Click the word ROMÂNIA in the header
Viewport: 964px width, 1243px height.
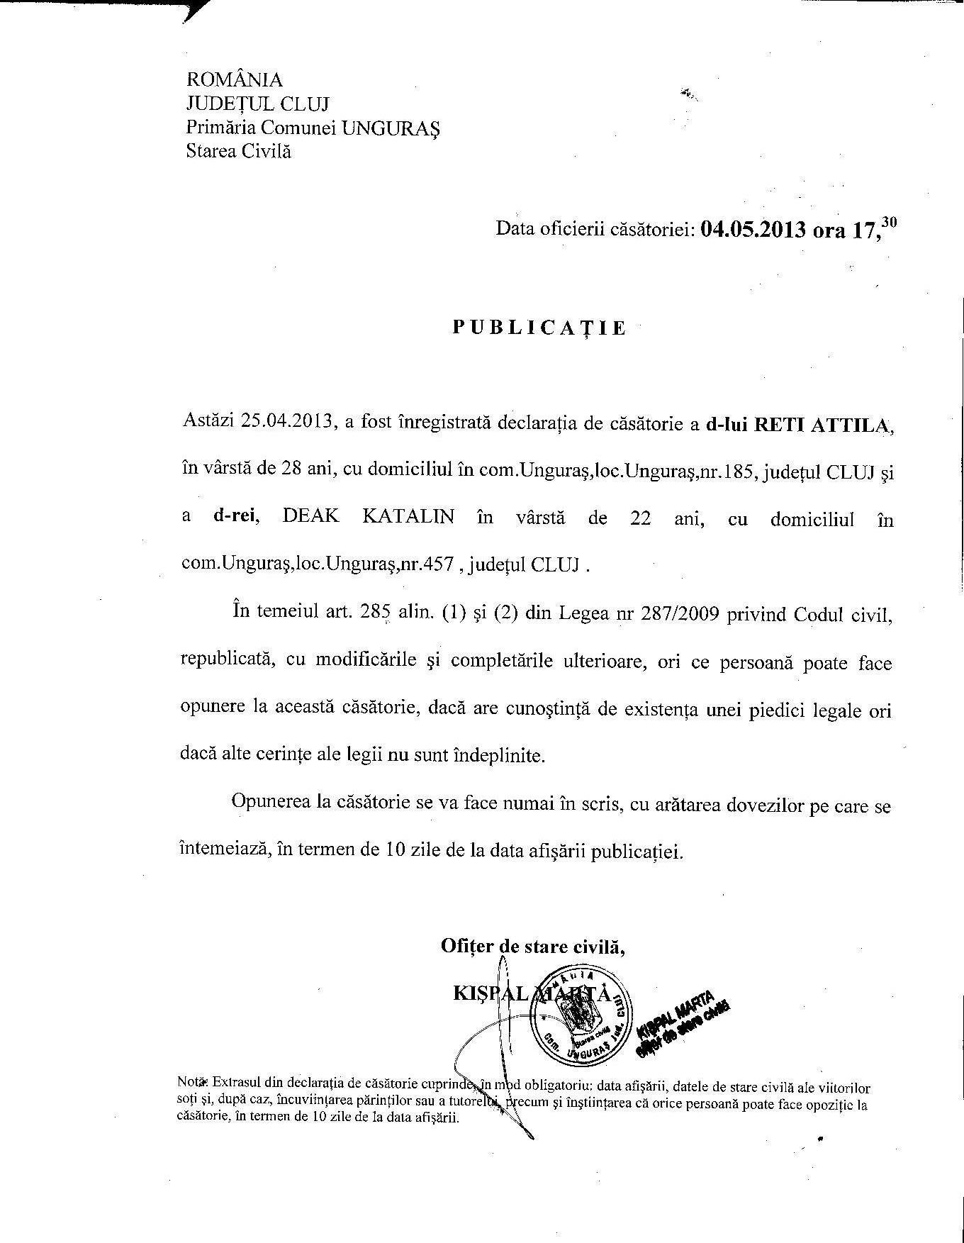pyautogui.click(x=234, y=79)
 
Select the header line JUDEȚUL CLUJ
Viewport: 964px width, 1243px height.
pyautogui.click(x=257, y=104)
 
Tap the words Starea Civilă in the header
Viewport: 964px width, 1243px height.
pyautogui.click(x=238, y=151)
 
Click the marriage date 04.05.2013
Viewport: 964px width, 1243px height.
pyautogui.click(x=753, y=230)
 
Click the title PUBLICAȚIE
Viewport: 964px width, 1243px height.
pyautogui.click(x=540, y=328)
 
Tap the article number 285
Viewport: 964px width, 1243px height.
pyautogui.click(x=376, y=614)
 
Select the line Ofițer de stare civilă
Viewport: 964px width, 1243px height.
pyautogui.click(x=532, y=947)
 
